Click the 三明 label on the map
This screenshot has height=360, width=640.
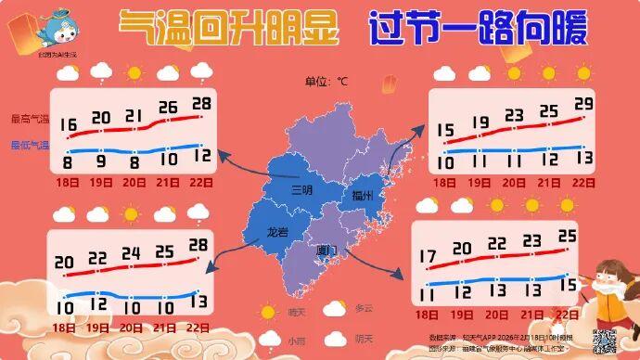coord(301,191)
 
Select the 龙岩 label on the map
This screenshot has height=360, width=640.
coord(277,232)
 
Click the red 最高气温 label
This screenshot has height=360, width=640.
coord(28,119)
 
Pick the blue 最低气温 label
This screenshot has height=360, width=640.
coord(28,145)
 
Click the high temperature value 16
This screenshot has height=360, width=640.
coord(68,124)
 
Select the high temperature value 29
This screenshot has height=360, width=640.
coord(583,103)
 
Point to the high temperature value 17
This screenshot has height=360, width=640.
coord(429,255)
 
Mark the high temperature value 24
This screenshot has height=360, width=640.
coord(131,253)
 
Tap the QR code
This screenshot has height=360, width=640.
coord(605,341)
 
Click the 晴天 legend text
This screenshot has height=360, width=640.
coord(297,313)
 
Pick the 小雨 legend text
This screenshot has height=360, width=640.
coord(296,341)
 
